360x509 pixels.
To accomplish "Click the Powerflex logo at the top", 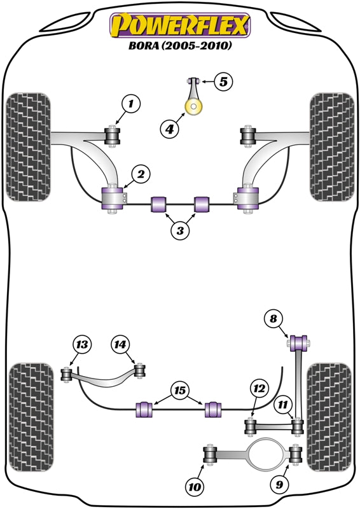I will click(179, 26).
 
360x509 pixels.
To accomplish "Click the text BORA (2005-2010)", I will click(180, 47).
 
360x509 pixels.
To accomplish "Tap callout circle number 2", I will click(141, 174).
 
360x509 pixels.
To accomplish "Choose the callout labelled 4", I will click(169, 129).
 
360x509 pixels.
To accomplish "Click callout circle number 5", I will click(224, 81).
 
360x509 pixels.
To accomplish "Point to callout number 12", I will click(258, 387).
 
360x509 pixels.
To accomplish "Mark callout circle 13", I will click(82, 345).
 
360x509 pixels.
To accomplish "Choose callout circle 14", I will click(120, 345).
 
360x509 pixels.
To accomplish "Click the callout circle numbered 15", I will click(180, 390).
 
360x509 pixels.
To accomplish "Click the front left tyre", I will click(28, 147).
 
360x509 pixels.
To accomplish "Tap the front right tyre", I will click(331, 147).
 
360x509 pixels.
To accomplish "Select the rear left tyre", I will click(29, 417).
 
